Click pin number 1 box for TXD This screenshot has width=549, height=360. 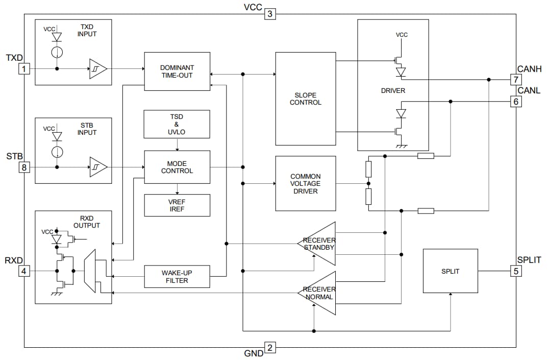point(23,68)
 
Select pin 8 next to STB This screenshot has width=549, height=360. point(23,167)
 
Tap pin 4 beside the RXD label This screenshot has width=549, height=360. point(23,271)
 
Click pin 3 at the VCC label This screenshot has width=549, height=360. point(270,14)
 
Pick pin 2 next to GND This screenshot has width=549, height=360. point(270,348)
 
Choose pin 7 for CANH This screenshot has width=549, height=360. point(516,80)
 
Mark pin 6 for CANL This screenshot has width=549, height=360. point(516,102)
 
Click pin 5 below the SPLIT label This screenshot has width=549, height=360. point(516,271)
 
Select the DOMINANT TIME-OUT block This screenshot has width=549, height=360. point(177,71)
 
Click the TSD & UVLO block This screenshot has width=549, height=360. point(177,124)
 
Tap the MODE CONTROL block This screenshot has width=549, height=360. point(177,167)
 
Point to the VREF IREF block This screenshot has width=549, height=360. point(177,205)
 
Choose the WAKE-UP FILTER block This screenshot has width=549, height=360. point(177,276)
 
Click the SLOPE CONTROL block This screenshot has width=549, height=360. point(306,99)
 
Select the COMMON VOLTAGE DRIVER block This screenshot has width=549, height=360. point(306,184)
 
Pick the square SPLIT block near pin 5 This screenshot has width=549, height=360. point(450,271)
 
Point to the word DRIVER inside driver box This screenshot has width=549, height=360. point(393,91)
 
